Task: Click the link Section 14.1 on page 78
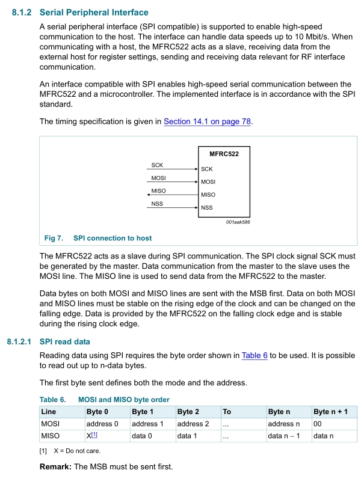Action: tap(208, 121)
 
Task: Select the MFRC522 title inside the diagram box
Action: tap(224, 154)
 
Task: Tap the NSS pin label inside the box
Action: tap(207, 208)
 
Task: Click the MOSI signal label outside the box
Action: tap(158, 178)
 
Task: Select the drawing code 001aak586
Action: tap(238, 222)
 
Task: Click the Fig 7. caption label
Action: tap(54, 238)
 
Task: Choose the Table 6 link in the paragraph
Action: tap(254, 356)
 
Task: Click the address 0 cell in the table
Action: tap(103, 424)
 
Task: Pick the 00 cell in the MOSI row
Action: tap(318, 424)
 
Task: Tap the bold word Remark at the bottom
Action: tap(55, 466)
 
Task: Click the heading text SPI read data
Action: tap(65, 342)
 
